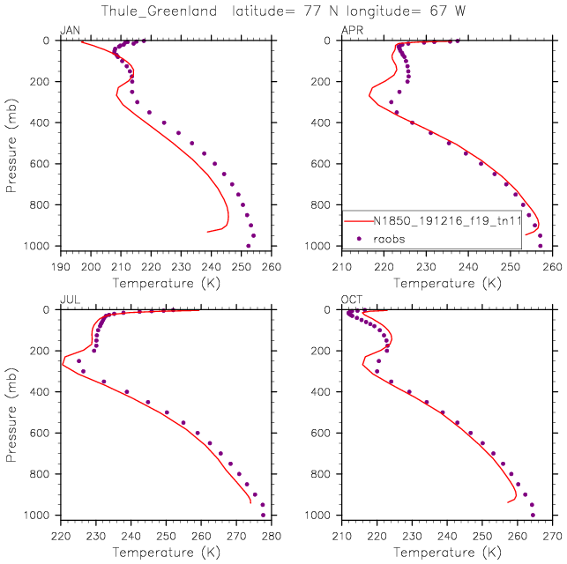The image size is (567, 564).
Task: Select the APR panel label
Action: pyautogui.click(x=351, y=32)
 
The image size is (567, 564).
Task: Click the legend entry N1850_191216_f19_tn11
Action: pyautogui.click(x=446, y=220)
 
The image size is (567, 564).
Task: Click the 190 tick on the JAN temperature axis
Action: pyautogui.click(x=60, y=265)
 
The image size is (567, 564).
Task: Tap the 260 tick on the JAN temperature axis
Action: pyautogui.click(x=271, y=265)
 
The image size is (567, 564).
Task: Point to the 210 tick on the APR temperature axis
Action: pyautogui.click(x=342, y=265)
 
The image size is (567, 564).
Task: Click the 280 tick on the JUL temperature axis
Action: pyautogui.click(x=271, y=534)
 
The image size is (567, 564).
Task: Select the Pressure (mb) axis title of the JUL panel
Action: pyautogui.click(x=11, y=412)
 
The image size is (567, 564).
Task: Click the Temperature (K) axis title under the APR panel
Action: pyautogui.click(x=447, y=283)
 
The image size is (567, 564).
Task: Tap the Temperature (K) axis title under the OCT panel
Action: pyautogui.click(x=447, y=552)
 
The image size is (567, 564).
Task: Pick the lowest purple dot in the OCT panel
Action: pyautogui.click(x=533, y=515)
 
